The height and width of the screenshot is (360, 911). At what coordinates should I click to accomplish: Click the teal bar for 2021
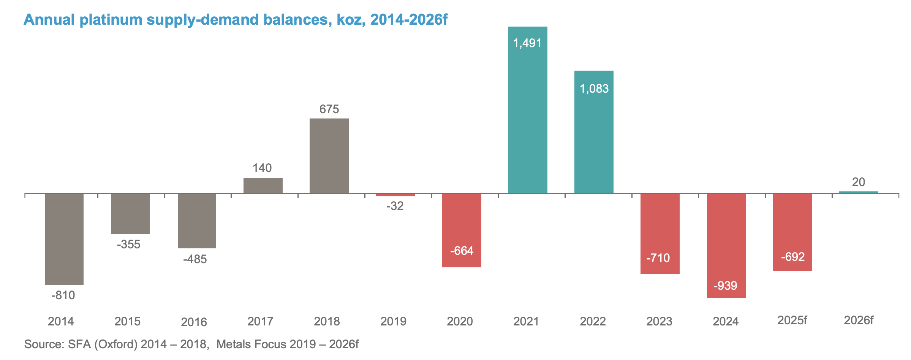[x=528, y=114]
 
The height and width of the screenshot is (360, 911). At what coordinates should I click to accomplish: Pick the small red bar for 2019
[x=395, y=195]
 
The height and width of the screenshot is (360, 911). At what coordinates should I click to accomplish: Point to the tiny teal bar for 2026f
[x=859, y=192]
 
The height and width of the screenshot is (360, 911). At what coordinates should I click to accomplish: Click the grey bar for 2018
[x=329, y=156]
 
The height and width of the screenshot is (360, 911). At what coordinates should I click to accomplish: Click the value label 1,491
[x=527, y=43]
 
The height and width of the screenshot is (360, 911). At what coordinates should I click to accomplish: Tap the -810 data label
[x=63, y=295]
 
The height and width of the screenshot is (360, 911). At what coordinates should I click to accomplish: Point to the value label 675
[x=329, y=109]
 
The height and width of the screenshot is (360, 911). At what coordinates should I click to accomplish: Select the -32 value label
[x=395, y=206]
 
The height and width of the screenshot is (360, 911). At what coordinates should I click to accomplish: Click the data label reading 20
[x=859, y=182]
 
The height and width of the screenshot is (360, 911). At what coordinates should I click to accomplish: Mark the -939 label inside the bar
[x=725, y=286]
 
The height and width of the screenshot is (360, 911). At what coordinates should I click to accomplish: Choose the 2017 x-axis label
[x=260, y=322]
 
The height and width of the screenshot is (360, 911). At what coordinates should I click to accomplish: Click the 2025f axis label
[x=792, y=321]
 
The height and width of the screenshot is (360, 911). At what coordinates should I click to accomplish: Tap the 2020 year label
[x=460, y=322]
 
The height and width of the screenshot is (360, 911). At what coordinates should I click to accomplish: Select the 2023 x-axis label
[x=659, y=322]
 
